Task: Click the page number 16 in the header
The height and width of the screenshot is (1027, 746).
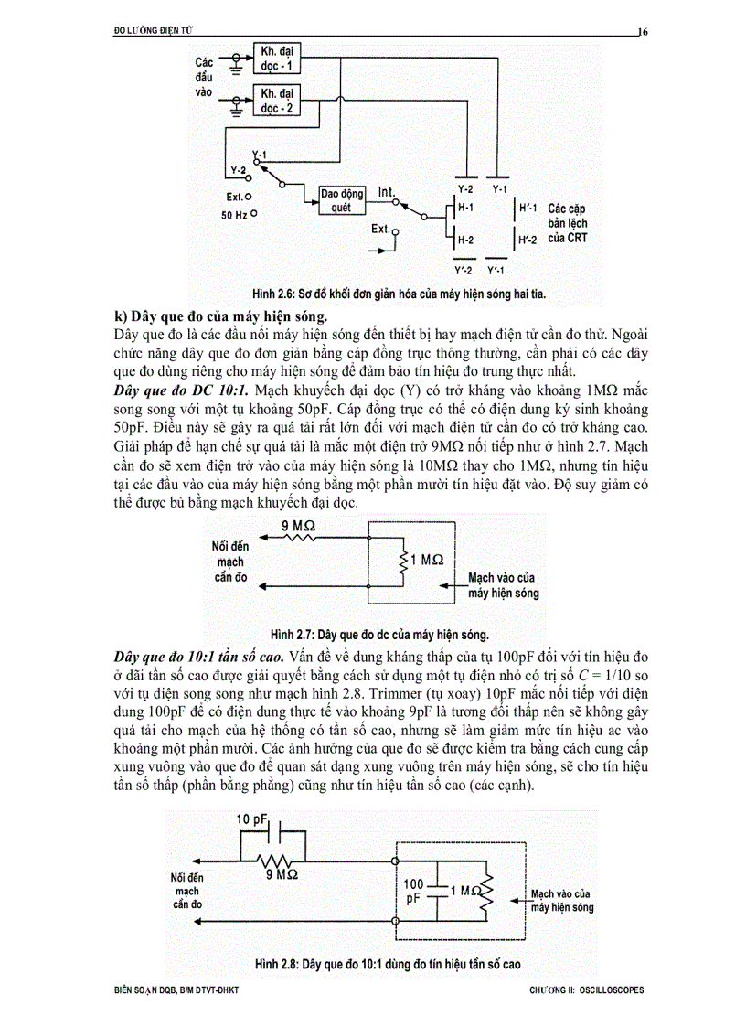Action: (643, 32)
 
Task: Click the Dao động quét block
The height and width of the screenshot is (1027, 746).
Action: (341, 199)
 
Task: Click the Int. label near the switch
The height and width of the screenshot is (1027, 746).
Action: (388, 192)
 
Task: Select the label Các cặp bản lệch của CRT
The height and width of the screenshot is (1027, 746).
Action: (568, 223)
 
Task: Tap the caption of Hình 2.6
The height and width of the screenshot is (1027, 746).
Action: (405, 294)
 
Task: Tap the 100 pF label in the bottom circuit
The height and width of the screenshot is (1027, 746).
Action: (415, 892)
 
